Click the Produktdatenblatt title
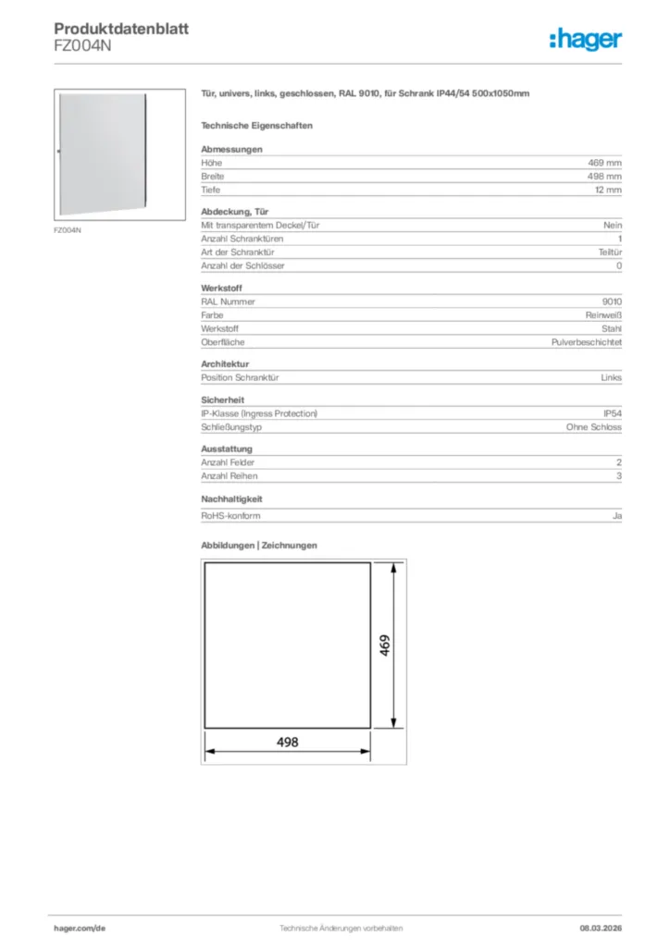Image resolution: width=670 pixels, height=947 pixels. tap(121, 29)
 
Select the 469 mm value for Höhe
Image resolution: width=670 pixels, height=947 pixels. tap(608, 163)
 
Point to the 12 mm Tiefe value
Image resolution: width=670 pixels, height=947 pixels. tap(609, 190)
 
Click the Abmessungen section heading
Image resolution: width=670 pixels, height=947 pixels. tap(232, 149)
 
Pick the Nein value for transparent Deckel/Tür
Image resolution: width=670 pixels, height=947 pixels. tap(614, 225)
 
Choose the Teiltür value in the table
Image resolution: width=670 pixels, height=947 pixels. tap(610, 252)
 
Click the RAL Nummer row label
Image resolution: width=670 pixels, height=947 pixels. tap(229, 301)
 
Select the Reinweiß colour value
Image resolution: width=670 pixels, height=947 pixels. tap(604, 315)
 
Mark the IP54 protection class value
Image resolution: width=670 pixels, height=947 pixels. tap(613, 413)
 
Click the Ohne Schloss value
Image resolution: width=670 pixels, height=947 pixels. tap(594, 427)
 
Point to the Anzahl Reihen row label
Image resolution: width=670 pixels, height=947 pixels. tap(230, 476)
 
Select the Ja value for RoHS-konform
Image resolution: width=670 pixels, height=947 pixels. tap(617, 515)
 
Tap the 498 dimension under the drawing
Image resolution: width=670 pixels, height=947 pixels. tap(288, 742)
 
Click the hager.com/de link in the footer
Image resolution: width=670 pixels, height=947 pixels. tap(80, 928)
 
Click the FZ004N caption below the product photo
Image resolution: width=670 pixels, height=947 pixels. tap(68, 229)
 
